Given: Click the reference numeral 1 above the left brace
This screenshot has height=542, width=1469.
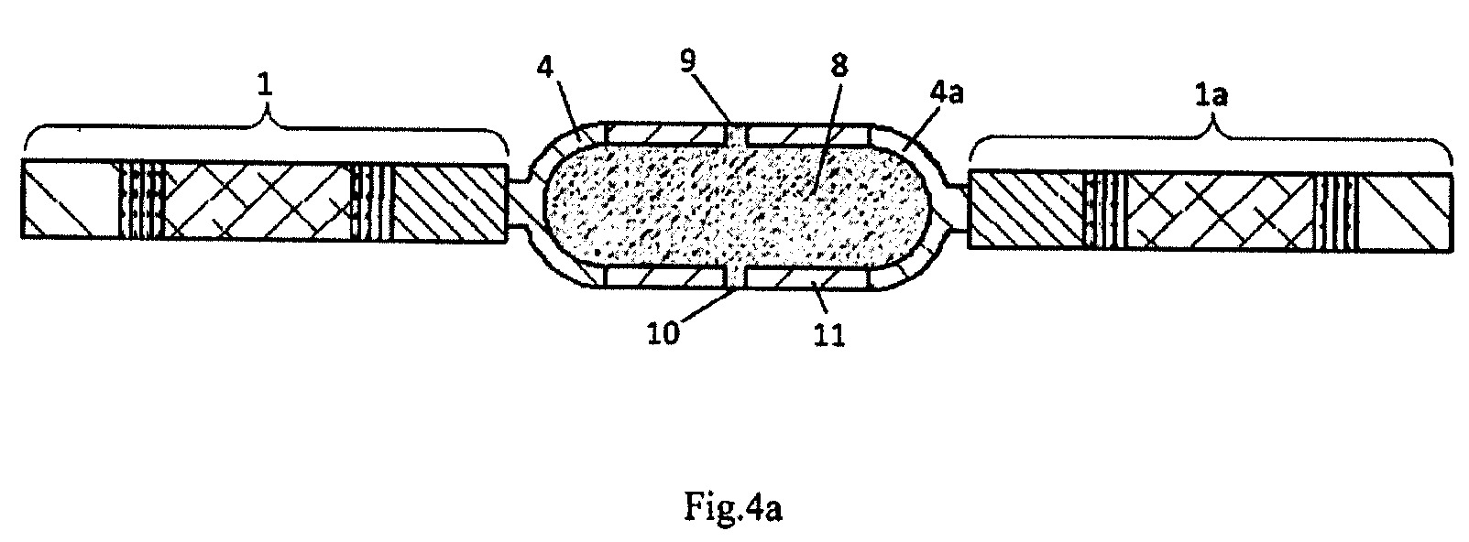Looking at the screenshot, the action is pyautogui.click(x=264, y=86).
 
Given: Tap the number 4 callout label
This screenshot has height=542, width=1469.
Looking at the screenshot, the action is pyautogui.click(x=545, y=66).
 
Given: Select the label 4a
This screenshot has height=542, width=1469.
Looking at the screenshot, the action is pyautogui.click(x=947, y=93).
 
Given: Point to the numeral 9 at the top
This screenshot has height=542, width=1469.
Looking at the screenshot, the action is pyautogui.click(x=687, y=61).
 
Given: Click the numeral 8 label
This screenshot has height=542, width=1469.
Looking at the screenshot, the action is pyautogui.click(x=839, y=66).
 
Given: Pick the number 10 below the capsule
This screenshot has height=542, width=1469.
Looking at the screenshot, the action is pyautogui.click(x=663, y=333).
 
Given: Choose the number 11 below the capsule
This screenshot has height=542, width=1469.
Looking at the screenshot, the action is pyautogui.click(x=829, y=335).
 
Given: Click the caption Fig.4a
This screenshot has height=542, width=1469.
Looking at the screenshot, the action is pyautogui.click(x=733, y=507).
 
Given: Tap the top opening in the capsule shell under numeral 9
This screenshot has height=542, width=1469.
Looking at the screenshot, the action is pyautogui.click(x=737, y=135).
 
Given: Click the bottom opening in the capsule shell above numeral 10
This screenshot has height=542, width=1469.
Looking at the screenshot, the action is pyautogui.click(x=737, y=276).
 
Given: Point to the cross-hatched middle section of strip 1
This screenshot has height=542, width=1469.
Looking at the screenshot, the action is pyautogui.click(x=258, y=201).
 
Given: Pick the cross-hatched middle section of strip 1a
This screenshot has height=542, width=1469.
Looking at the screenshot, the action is pyautogui.click(x=1219, y=211).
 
